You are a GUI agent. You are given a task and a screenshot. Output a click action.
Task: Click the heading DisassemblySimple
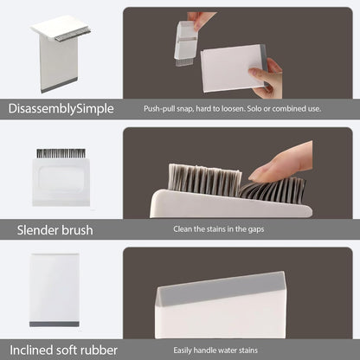point(61,109)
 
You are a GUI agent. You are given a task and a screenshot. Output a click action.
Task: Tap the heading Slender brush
point(55,230)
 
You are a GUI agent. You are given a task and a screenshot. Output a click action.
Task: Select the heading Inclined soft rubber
point(63,350)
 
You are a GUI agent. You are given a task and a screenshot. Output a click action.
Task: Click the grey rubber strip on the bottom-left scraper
point(55,325)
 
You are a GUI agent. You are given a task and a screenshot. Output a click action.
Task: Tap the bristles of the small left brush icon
point(61,153)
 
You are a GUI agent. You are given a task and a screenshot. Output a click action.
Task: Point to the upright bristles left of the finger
point(205,179)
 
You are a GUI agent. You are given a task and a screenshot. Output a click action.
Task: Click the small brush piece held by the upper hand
point(186,43)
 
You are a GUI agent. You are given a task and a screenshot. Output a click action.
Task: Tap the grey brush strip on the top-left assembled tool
point(73,35)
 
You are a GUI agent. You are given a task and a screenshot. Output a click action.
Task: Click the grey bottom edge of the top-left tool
point(59,86)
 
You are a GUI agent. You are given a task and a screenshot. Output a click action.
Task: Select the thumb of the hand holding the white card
point(259,72)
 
